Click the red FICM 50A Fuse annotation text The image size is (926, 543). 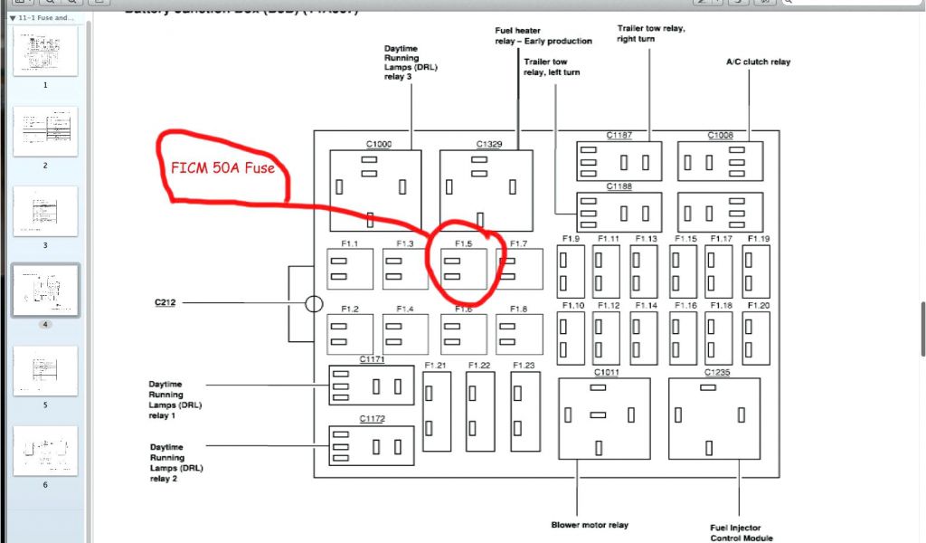pyautogui.click(x=222, y=167)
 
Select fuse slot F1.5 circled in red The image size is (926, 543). pyautogui.click(x=463, y=270)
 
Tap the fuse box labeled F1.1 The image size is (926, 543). pyautogui.click(x=350, y=270)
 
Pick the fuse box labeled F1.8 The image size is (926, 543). pyautogui.click(x=519, y=334)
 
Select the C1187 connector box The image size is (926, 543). pyautogui.click(x=619, y=162)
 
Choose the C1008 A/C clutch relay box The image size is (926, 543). pyautogui.click(x=720, y=162)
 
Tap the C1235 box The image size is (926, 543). pyautogui.click(x=713, y=417)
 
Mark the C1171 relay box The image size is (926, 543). pyautogui.click(x=372, y=386)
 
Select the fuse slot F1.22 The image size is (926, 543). pyautogui.click(x=480, y=411)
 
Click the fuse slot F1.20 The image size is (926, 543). pyautogui.click(x=756, y=337)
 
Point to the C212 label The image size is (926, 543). pyautogui.click(x=164, y=303)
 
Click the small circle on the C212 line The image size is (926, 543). pyautogui.click(x=314, y=304)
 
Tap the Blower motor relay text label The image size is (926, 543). pyautogui.click(x=590, y=525)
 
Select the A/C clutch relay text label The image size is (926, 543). pyautogui.click(x=758, y=62)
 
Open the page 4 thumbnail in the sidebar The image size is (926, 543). pyautogui.click(x=45, y=291)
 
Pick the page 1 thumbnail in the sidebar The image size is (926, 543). pyautogui.click(x=45, y=51)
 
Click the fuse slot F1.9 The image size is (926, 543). pyautogui.click(x=571, y=271)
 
